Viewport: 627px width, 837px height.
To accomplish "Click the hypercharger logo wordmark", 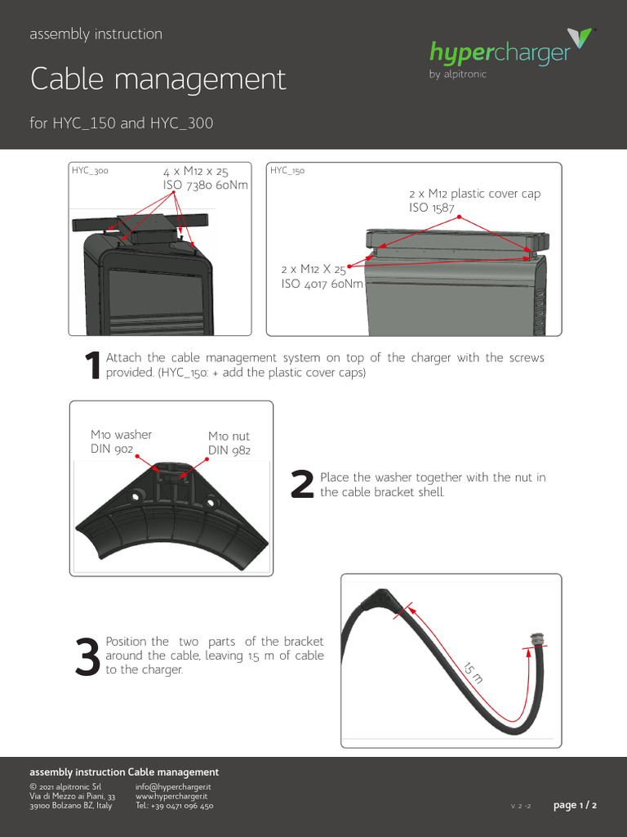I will [x=500, y=53].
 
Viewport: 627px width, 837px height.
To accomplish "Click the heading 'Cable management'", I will [x=158, y=79].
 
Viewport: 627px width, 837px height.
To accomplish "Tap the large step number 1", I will [x=93, y=366].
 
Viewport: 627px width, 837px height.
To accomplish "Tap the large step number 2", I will [x=302, y=486].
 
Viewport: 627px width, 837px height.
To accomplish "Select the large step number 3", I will [x=87, y=656].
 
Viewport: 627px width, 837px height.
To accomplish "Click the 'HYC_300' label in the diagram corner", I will [x=90, y=171].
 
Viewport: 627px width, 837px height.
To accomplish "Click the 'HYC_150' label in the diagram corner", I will [x=287, y=171].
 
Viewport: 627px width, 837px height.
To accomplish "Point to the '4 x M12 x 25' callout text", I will [x=196, y=172].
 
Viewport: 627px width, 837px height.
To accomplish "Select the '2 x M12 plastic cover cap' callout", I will [x=474, y=194].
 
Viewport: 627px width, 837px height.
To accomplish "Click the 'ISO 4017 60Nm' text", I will [x=322, y=284].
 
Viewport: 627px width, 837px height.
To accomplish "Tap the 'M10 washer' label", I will [x=121, y=435].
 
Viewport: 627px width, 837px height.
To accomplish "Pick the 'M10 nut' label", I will [x=229, y=436].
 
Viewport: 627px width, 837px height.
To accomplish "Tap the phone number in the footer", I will [x=175, y=806].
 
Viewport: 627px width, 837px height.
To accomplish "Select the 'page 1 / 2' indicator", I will [x=575, y=805].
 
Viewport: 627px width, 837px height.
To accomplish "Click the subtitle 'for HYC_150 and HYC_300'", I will [x=122, y=123].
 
